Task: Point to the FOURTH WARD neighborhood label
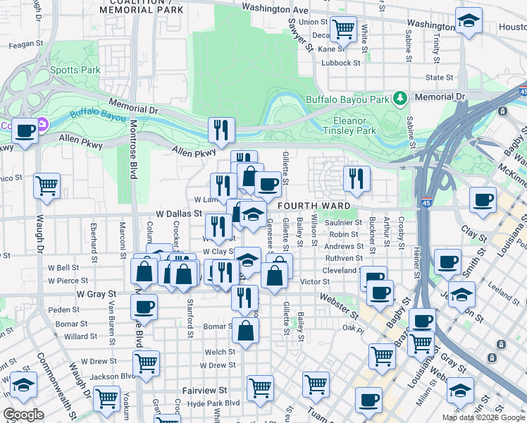[x=314, y=206]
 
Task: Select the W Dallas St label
[x=179, y=212]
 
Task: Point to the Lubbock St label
[x=340, y=63]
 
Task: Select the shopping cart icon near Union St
[x=343, y=30]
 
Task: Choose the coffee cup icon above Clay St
[x=483, y=200]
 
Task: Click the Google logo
[x=23, y=414]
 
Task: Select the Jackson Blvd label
[x=108, y=376]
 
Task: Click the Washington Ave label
[x=275, y=10]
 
